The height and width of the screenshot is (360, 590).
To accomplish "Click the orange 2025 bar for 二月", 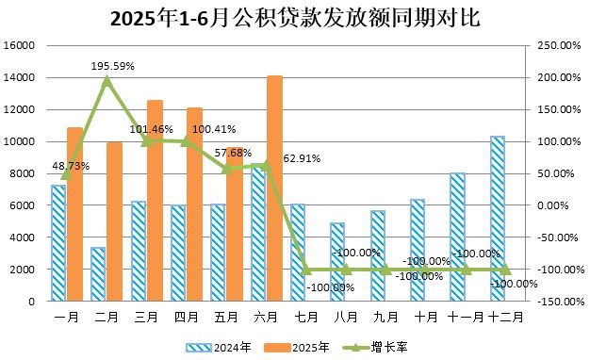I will click(x=114, y=221).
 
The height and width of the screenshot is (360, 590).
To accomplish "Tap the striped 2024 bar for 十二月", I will click(x=497, y=219).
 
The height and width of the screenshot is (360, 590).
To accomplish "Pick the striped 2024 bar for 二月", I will click(x=98, y=274).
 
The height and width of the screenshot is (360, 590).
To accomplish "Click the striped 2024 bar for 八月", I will click(x=337, y=262).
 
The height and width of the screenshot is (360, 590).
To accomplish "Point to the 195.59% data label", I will click(x=112, y=66).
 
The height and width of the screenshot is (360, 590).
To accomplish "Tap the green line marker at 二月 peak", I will click(x=107, y=80).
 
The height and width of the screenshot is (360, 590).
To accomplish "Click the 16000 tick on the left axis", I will click(x=20, y=45).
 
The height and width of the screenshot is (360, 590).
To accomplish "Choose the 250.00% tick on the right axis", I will click(x=558, y=45).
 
